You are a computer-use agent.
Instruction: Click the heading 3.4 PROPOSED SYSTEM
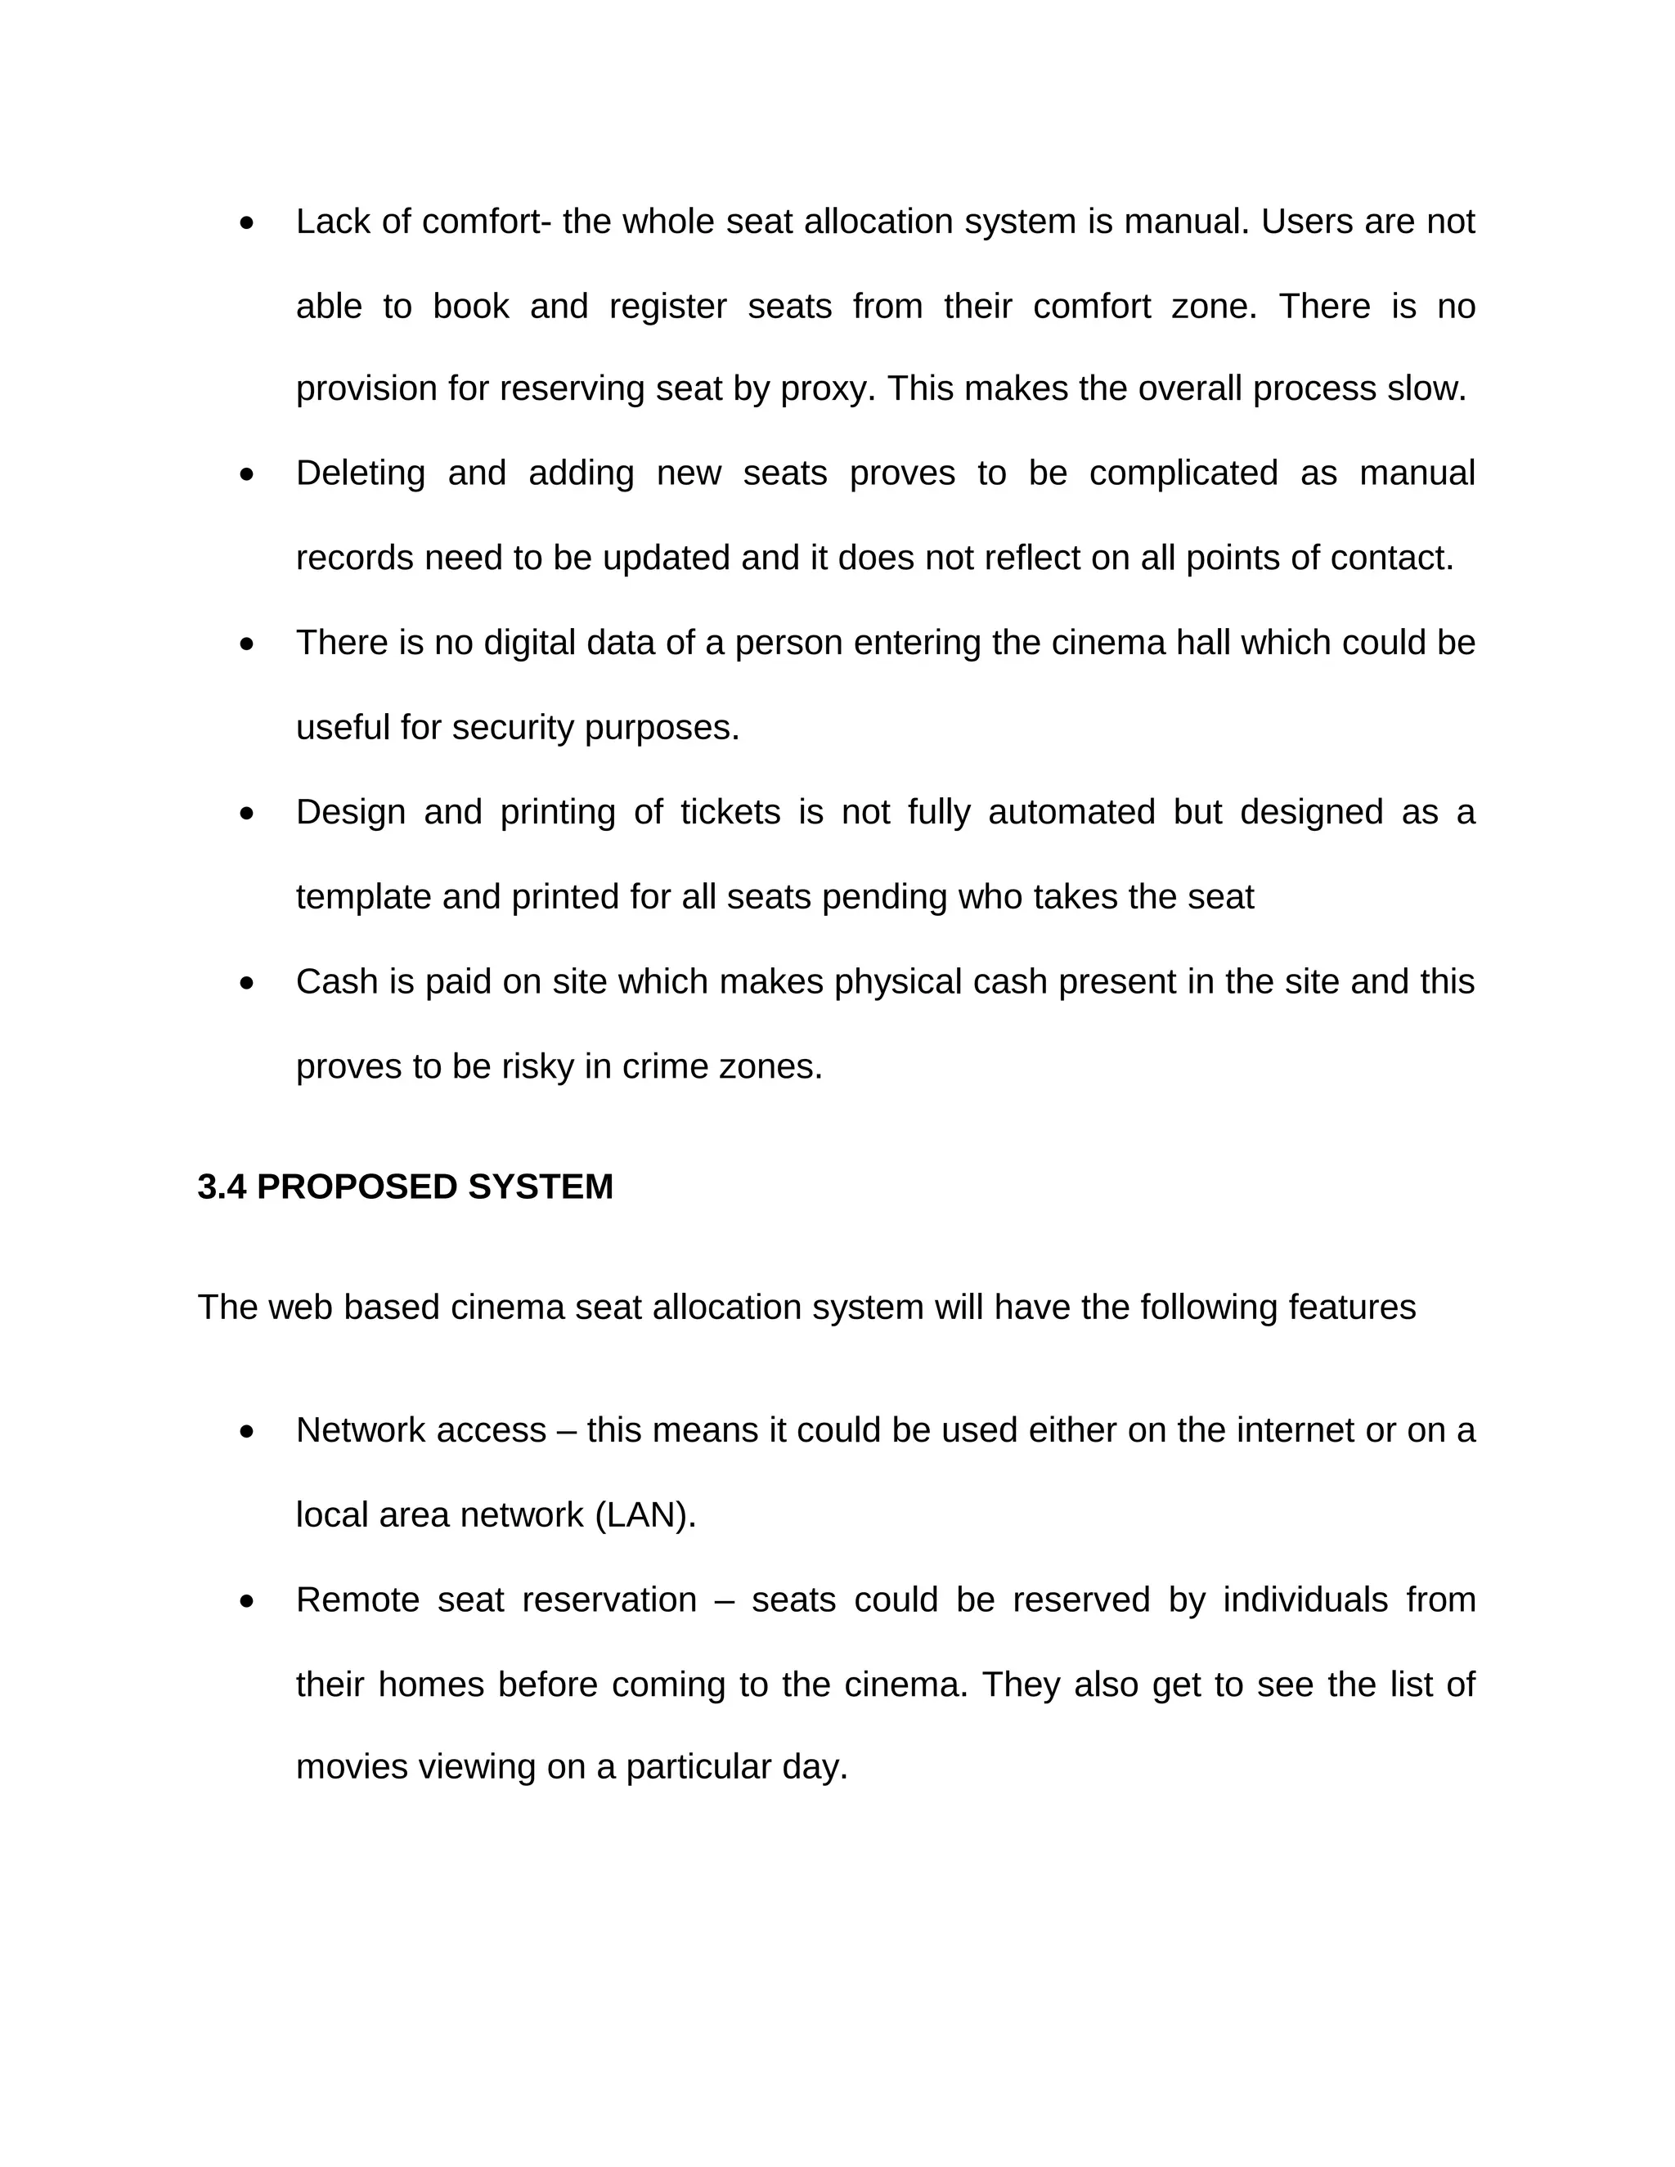click(x=405, y=1187)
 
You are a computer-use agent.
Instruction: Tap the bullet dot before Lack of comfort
click(x=247, y=223)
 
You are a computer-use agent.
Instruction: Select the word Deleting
click(x=359, y=473)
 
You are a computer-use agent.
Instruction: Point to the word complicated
click(x=1183, y=473)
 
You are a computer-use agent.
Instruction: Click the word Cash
click(x=336, y=981)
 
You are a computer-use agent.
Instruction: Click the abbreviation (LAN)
click(x=645, y=1515)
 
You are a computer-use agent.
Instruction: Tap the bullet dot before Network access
click(x=247, y=1433)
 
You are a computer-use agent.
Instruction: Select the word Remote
click(x=357, y=1599)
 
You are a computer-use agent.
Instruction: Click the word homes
click(x=431, y=1684)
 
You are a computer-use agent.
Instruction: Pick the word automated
click(x=1071, y=812)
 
